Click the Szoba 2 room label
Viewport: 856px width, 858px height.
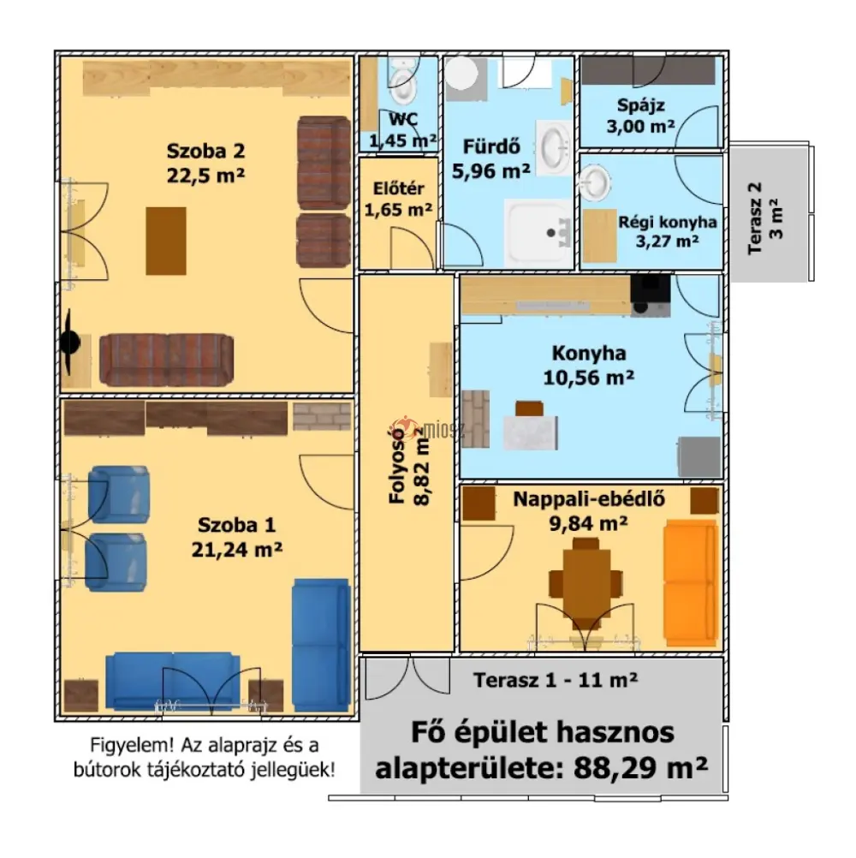coord(205,151)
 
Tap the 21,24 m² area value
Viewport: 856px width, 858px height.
coord(237,549)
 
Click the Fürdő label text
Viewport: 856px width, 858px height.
coord(491,146)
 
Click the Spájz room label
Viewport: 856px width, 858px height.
coord(640,105)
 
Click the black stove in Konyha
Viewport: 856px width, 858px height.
coord(651,295)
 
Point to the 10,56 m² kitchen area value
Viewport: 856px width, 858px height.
coord(589,378)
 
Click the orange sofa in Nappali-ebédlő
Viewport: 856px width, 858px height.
coord(691,583)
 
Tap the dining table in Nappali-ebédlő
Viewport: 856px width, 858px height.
coord(586,582)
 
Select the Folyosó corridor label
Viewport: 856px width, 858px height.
coord(397,465)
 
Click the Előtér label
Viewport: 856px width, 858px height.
coord(398,188)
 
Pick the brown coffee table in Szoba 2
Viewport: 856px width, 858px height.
coord(166,241)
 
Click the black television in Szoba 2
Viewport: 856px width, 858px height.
coord(69,343)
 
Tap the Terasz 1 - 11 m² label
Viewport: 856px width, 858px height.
coord(556,680)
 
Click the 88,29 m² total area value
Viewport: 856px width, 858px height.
coord(640,768)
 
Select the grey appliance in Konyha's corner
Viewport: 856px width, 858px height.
coord(699,457)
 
